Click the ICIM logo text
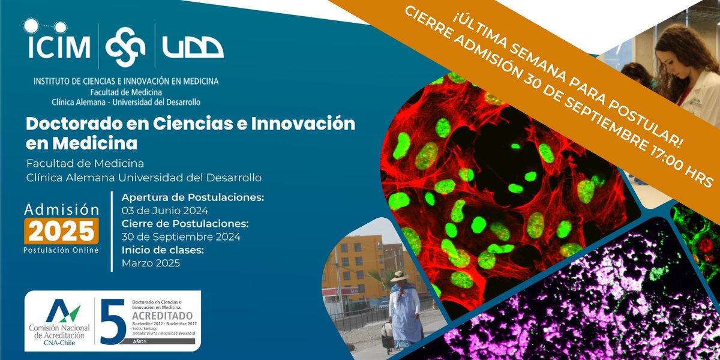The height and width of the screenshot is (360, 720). (x=57, y=47)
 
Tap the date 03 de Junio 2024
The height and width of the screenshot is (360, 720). (x=164, y=211)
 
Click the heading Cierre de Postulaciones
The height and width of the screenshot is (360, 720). (x=185, y=224)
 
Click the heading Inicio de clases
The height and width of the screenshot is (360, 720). (x=160, y=250)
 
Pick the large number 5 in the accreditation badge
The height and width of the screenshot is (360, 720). (x=113, y=322)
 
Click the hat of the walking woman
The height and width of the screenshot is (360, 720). (x=399, y=276)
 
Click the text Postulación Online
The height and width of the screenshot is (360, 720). (x=61, y=250)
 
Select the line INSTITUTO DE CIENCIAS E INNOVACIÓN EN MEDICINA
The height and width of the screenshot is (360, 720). (x=126, y=81)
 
